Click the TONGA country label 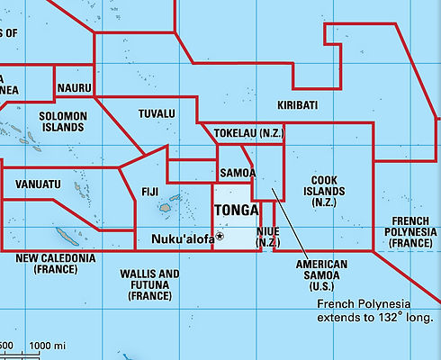click(x=235, y=211)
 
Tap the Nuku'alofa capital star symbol click(x=220, y=237)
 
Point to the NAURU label click(x=74, y=88)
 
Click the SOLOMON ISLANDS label click(x=63, y=121)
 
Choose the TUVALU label click(x=157, y=114)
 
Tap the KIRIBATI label click(x=297, y=105)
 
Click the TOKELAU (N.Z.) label click(x=247, y=133)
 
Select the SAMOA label click(x=238, y=173)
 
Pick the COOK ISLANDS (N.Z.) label click(x=324, y=191)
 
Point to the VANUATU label click(x=39, y=184)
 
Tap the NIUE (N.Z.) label click(x=268, y=237)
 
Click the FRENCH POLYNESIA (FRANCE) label click(x=410, y=232)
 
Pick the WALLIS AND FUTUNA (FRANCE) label click(x=149, y=284)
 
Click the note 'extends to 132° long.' click(x=376, y=318)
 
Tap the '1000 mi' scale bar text click(x=47, y=346)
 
